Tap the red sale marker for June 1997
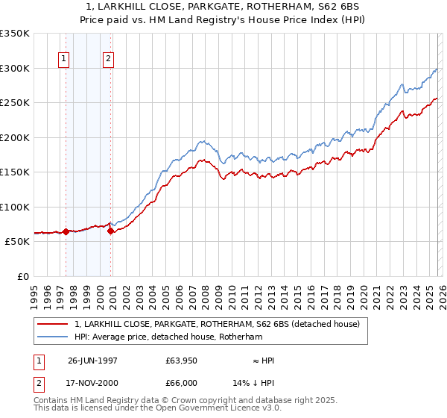66,231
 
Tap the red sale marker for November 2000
110,231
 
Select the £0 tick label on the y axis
22,276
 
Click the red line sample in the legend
52,324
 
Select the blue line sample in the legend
52,337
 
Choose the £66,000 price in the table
181,383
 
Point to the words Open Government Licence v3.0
216,409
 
